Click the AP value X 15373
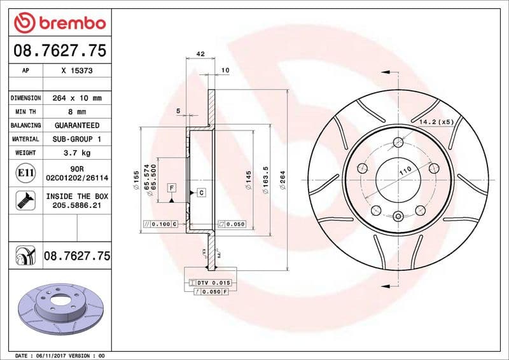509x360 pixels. pos(77,71)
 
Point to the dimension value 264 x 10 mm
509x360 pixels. pos(77,99)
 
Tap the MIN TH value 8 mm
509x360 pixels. pos(77,112)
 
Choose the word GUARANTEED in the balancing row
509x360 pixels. pos(77,125)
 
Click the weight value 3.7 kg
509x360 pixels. pos(77,153)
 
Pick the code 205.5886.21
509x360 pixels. pos(77,206)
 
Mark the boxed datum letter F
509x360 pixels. pos(172,188)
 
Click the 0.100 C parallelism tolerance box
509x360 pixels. pos(160,225)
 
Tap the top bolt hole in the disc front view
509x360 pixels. pos(398,142)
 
